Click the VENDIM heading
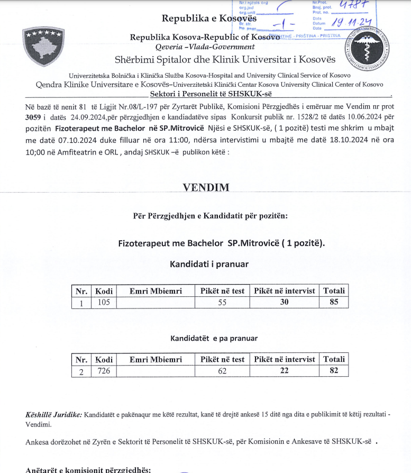[206, 188]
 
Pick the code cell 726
[104, 371]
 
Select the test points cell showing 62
[222, 371]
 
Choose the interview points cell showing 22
[285, 371]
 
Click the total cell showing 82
[334, 371]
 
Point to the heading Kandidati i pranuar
[208, 263]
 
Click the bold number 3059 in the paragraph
[33, 117]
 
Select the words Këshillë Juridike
[53, 414]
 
